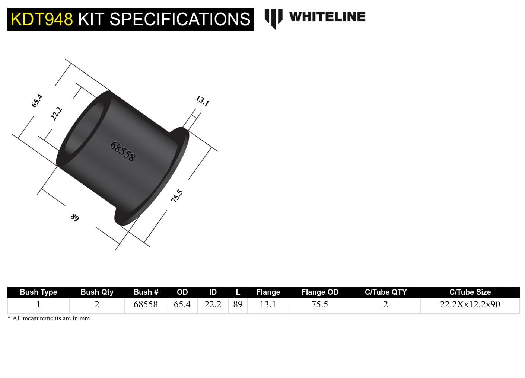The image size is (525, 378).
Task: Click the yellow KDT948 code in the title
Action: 42,19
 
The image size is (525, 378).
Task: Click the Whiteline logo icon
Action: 273,19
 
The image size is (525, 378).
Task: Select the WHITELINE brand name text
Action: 327,17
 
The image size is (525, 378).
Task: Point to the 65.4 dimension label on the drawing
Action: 37,101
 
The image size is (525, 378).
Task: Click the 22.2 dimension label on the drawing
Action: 56,113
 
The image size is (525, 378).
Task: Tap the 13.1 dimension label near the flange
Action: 202,101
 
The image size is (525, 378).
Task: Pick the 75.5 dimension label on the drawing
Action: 177,196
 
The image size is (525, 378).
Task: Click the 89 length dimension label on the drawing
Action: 75,217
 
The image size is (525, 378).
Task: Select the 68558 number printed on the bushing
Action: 122,151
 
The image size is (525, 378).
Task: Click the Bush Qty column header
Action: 97,292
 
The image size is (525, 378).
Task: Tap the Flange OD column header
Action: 319,292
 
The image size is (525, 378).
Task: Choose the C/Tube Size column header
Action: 470,292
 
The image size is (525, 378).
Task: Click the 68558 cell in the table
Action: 146,304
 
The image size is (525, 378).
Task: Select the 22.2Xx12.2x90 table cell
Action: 470,304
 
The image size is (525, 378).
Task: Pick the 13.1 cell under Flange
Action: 268,304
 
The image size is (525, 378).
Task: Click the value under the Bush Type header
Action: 38,304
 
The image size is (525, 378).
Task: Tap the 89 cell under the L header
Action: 238,304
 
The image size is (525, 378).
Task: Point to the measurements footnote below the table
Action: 49,318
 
